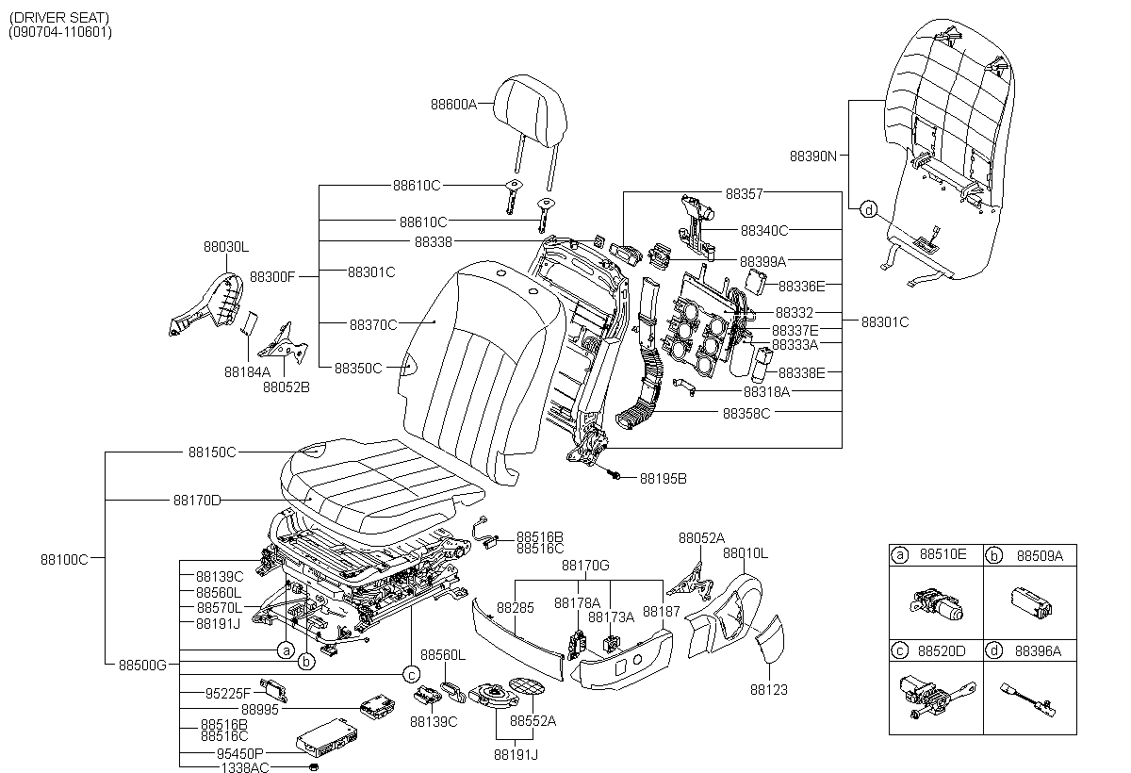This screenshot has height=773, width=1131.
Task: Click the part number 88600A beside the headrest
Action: [x=453, y=105]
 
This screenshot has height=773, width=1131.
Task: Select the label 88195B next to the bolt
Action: [x=663, y=479]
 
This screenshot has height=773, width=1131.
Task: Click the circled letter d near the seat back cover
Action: [x=868, y=209]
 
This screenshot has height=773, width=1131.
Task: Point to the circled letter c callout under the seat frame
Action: [x=412, y=675]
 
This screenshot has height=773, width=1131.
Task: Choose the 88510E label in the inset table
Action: [x=942, y=554]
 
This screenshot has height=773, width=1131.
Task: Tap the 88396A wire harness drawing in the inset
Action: [x=1028, y=699]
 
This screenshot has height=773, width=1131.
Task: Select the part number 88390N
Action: [x=812, y=156]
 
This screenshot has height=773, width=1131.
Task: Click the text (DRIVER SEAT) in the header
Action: [x=59, y=18]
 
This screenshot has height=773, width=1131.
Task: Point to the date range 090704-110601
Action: [x=60, y=32]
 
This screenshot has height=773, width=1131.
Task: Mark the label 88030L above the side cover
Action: [x=226, y=247]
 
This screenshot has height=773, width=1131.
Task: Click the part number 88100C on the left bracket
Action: [x=64, y=560]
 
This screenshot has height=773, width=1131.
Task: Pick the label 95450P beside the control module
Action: [x=239, y=754]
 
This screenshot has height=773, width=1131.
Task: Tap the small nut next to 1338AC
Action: [x=313, y=767]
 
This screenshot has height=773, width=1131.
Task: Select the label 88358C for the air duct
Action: [x=746, y=414]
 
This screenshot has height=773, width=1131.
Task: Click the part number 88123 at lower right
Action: [x=769, y=690]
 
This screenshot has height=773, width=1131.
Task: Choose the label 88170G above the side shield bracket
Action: [x=585, y=566]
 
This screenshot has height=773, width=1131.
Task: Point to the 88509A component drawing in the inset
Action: [x=1031, y=603]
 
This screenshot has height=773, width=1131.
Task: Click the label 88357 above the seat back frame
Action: [x=745, y=194]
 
